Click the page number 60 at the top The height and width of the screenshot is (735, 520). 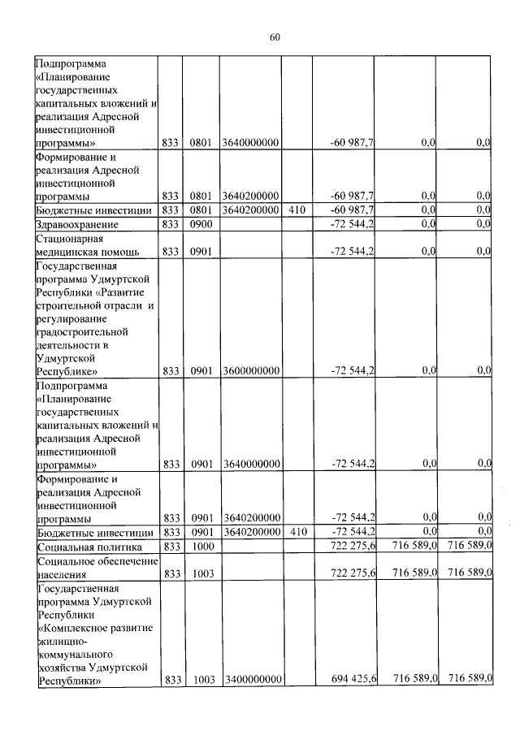tap(274, 37)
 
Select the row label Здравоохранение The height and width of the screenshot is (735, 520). tap(77, 224)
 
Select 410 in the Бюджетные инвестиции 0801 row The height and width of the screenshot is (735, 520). tap(297, 210)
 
